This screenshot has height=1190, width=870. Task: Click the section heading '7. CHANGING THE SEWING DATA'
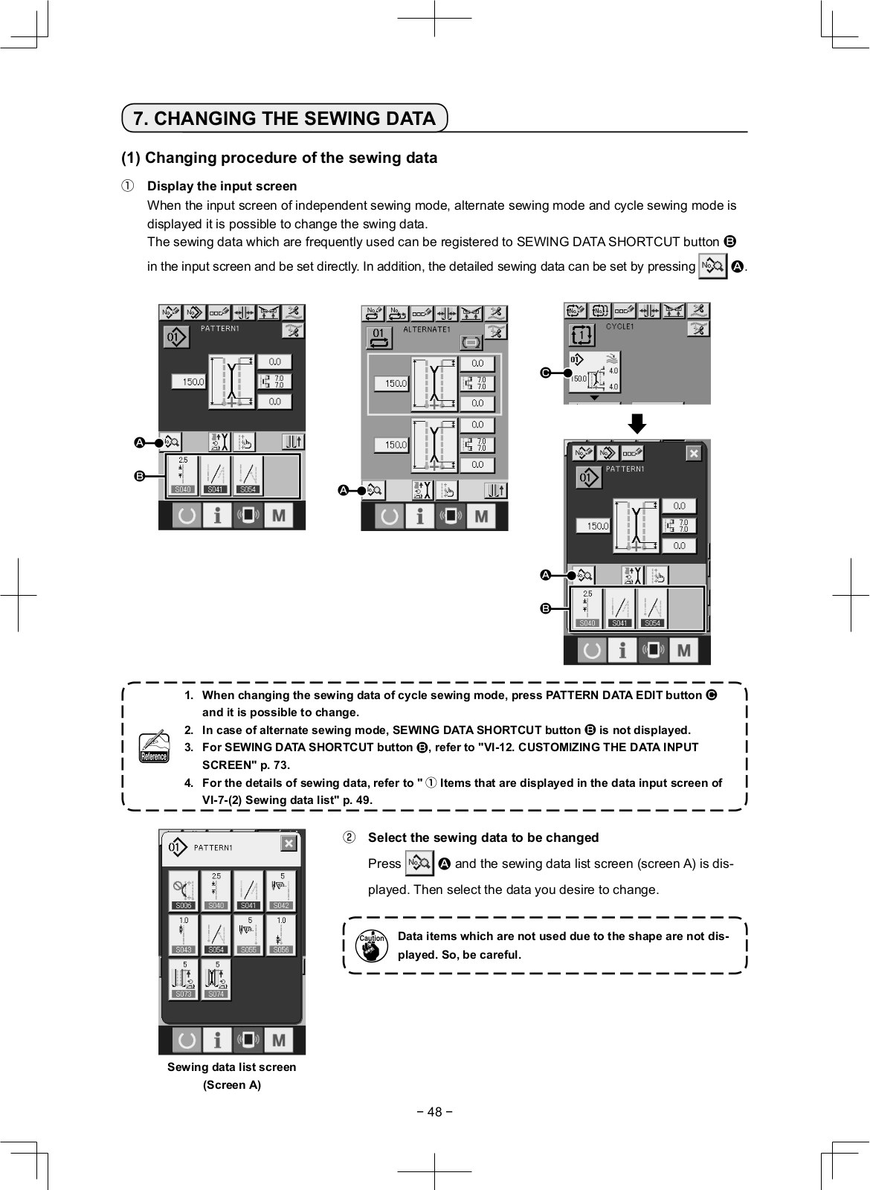284,118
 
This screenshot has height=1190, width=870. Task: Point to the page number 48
434,1112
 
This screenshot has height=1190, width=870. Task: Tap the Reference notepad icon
154,747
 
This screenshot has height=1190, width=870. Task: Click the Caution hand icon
371,946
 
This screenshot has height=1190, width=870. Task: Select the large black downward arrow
637,424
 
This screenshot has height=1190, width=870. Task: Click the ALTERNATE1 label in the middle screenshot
427,329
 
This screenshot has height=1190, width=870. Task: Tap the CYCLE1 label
619,326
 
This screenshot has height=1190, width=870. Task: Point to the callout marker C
545,372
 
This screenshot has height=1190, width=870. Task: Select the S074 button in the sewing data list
216,979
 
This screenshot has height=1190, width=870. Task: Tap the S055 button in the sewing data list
248,935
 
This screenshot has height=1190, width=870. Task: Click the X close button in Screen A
288,843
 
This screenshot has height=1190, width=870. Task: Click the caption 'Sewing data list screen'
231,1067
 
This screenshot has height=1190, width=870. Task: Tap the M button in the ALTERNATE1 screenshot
481,515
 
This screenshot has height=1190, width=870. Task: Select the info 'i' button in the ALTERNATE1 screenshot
420,515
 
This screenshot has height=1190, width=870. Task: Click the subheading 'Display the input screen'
222,186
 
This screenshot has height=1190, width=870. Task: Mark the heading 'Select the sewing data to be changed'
483,837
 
